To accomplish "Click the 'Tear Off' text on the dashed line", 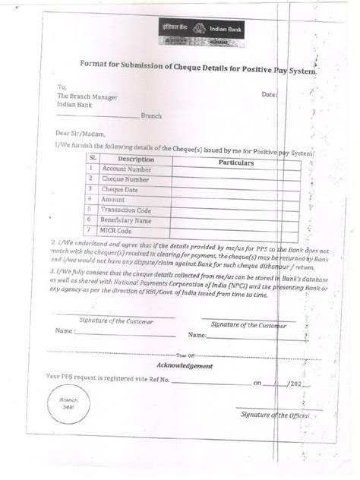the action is point(185,354).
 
